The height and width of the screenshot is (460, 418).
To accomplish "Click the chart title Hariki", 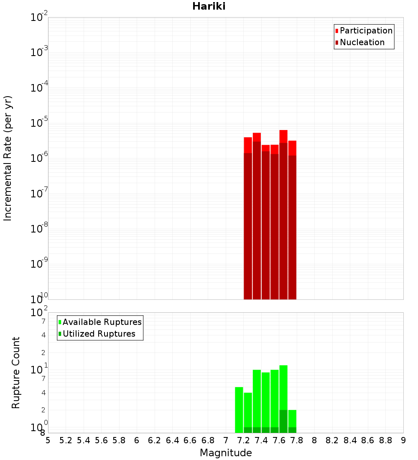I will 209,7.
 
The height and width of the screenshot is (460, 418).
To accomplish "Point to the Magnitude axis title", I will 226,453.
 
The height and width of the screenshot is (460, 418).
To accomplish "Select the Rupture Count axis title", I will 16,373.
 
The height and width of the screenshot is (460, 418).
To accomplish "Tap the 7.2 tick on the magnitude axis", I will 243,440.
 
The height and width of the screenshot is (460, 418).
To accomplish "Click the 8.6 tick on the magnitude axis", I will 368,440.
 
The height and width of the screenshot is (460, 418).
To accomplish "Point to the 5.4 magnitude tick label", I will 83,440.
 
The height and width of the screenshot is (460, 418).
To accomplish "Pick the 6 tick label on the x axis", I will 137,440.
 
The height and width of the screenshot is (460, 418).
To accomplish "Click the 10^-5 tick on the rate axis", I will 40,123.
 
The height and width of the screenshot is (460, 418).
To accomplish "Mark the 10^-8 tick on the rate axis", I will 40,229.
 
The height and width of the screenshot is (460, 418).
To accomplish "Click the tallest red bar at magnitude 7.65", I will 283,209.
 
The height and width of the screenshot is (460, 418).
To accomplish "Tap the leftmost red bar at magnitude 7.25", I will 248,217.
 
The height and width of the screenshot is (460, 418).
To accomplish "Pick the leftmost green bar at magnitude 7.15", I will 239,410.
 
